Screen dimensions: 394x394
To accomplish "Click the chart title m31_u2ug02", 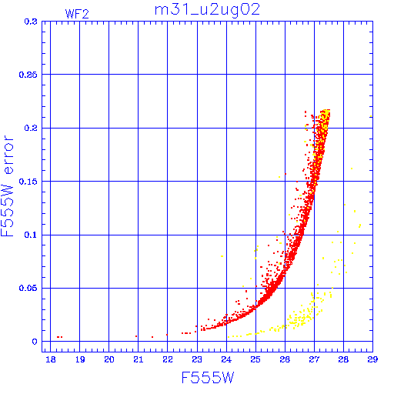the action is (x=207, y=10).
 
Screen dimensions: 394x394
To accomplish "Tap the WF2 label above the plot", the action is (x=77, y=14).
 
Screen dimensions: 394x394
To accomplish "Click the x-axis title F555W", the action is (x=208, y=378).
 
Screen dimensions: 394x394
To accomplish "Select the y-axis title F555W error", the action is (x=7, y=186).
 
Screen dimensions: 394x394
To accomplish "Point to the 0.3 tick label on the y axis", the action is (x=31, y=22).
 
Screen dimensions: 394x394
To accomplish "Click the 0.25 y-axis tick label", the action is (x=28, y=75).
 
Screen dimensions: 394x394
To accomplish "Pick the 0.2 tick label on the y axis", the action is (x=31, y=128).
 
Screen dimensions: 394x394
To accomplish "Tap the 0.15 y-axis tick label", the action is (x=28, y=182).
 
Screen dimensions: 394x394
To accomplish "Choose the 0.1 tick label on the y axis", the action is (x=31, y=235).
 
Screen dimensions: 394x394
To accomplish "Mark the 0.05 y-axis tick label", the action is (x=28, y=288).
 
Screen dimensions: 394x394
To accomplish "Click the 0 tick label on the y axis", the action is (x=35, y=342).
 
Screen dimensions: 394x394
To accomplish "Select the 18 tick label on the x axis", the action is (x=51, y=359).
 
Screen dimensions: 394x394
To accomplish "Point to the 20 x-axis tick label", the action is (x=109, y=359).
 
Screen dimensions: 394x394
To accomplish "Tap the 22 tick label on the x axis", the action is (x=168, y=359).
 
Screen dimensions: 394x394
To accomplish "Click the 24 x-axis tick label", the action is (x=226, y=359).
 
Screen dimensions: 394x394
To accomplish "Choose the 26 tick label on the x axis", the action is (x=285, y=359).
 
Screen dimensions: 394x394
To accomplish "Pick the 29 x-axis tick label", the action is (x=372, y=359).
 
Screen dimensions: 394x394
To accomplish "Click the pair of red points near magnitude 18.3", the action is (x=59, y=337).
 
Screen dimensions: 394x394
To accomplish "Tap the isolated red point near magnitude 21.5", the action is (x=152, y=337).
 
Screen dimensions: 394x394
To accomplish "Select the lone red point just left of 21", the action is (x=136, y=336).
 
